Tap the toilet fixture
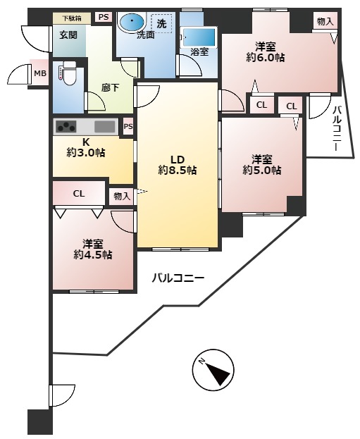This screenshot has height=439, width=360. [x=68, y=74]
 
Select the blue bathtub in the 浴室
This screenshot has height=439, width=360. [x=199, y=37]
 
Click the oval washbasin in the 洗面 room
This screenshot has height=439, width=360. [x=132, y=22]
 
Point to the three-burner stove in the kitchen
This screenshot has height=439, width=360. [x=66, y=127]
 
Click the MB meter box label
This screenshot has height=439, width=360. [x=39, y=73]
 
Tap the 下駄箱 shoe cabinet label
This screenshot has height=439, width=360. [x=72, y=19]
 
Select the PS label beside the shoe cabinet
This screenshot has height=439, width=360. [x=104, y=17]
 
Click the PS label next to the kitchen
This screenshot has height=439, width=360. [x=128, y=126]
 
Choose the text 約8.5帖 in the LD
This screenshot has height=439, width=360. [x=178, y=170]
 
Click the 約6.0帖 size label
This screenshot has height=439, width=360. [x=266, y=57]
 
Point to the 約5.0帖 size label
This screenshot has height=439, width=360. [x=262, y=170]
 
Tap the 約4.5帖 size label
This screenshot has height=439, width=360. [x=93, y=255]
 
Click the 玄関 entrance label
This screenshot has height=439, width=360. [x=68, y=35]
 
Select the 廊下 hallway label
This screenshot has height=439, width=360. [x=111, y=88]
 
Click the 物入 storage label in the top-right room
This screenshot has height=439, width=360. [x=325, y=21]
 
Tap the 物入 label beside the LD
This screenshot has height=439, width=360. [x=122, y=197]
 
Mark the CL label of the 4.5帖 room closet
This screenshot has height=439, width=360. [x=79, y=194]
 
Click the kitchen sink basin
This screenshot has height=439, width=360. [x=105, y=127]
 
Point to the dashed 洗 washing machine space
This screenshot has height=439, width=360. [x=161, y=23]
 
